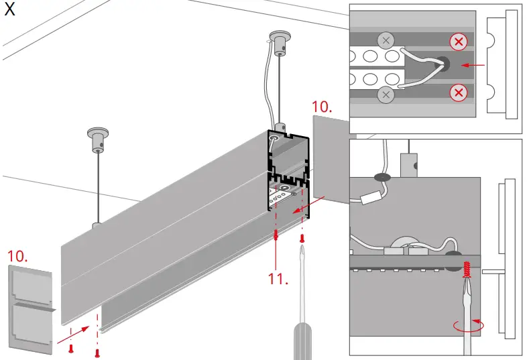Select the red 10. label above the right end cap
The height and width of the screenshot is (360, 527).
(x=322, y=107)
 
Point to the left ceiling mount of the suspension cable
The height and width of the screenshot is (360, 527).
(x=98, y=139)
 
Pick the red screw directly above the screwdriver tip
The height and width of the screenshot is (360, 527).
(x=302, y=237)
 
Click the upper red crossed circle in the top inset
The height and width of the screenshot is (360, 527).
(x=459, y=43)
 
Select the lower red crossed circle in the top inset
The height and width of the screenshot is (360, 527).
(x=459, y=92)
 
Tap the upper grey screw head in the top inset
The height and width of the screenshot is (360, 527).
(x=386, y=41)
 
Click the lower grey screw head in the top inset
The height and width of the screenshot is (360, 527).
(x=386, y=95)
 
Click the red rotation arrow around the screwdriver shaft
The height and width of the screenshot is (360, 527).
(x=468, y=326)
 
